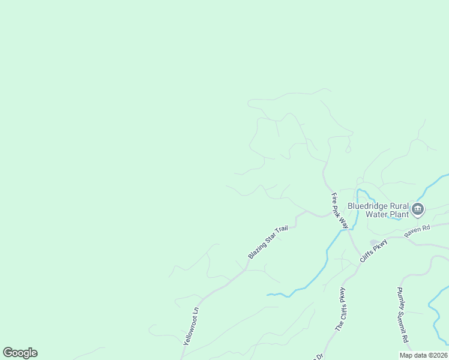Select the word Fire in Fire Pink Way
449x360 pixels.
(x=334, y=198)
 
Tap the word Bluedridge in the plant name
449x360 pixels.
(x=368, y=205)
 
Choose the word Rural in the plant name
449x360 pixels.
(x=399, y=205)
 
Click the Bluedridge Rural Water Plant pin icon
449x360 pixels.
(x=418, y=209)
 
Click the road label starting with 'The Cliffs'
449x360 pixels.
(x=341, y=310)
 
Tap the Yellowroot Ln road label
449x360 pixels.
(x=190, y=326)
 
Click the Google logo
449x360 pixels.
(x=20, y=353)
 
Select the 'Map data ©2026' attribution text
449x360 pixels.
(x=423, y=355)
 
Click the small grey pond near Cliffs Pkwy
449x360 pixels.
(x=374, y=242)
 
